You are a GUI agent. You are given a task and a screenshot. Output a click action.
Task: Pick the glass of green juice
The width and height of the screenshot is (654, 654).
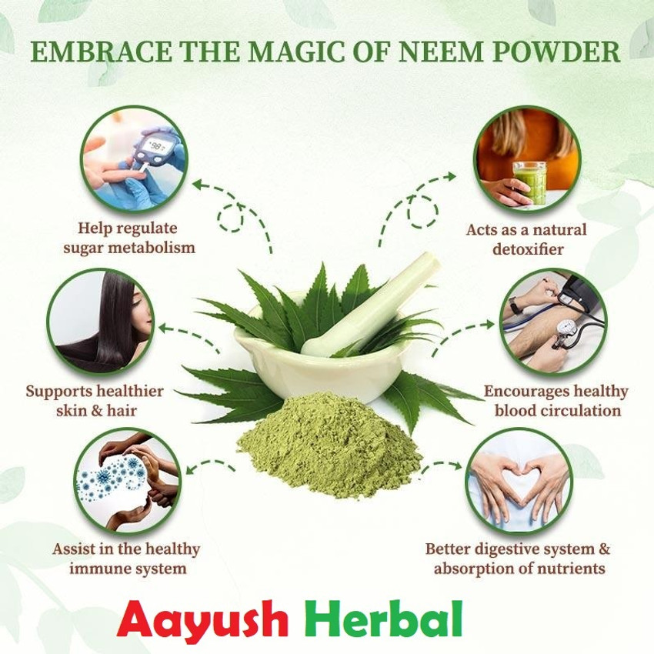(529, 182)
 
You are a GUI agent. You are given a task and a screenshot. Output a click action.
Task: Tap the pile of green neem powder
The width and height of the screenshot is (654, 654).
(331, 442)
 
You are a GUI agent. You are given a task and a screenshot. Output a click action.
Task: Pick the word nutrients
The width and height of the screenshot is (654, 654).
(567, 569)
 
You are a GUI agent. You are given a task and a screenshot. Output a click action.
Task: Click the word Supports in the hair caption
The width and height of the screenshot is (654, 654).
(58, 391)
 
